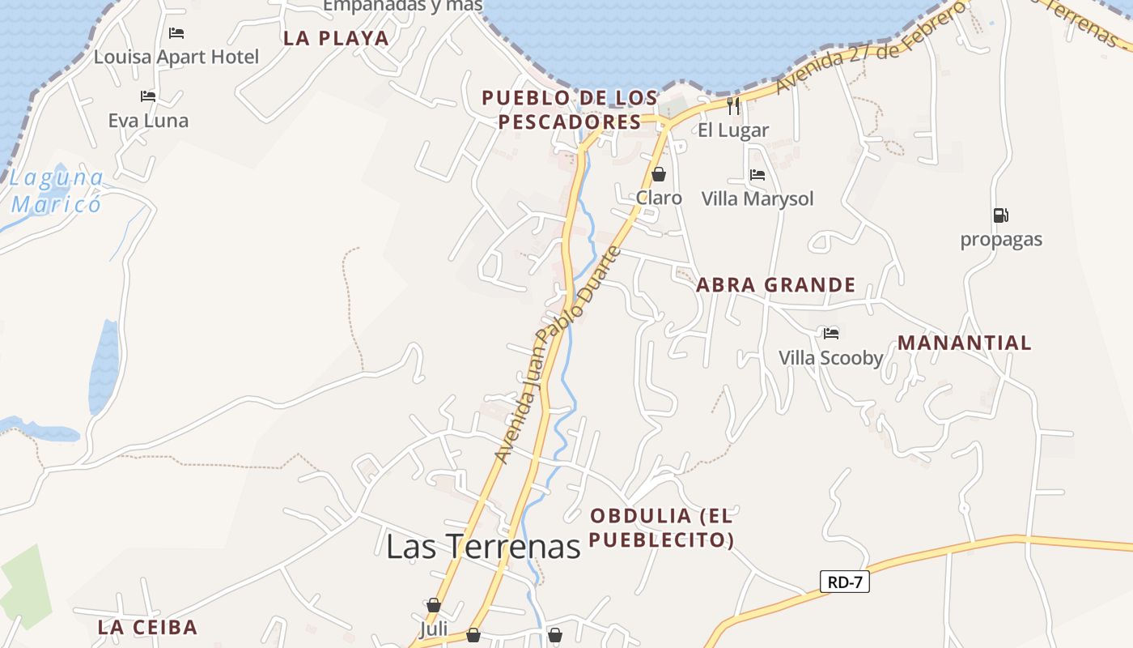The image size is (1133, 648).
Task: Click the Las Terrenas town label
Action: (483, 547)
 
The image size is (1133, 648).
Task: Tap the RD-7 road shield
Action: (844, 582)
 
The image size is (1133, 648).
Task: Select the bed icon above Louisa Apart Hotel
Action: (176, 33)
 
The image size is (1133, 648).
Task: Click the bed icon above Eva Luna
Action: (147, 96)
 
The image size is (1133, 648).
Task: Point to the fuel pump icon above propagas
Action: (1000, 215)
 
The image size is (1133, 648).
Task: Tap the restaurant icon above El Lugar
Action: (733, 105)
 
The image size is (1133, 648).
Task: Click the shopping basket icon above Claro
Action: (659, 174)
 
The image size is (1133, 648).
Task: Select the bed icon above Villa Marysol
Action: (757, 174)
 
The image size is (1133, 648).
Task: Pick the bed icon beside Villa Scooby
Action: (830, 333)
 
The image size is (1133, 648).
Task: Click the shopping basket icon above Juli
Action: (434, 605)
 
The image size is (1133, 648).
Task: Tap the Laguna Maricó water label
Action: (57, 190)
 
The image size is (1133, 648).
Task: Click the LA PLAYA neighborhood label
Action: (336, 38)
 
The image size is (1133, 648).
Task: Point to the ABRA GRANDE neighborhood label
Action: (775, 285)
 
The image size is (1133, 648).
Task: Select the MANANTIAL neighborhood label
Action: (964, 343)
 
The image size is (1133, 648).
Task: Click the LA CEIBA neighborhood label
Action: (147, 627)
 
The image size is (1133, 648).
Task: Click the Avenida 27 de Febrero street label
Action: (870, 49)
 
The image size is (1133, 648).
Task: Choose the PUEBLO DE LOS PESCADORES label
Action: (570, 110)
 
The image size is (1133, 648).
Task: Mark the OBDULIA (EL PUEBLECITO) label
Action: (661, 527)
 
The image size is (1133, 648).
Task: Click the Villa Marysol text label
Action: (757, 198)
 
